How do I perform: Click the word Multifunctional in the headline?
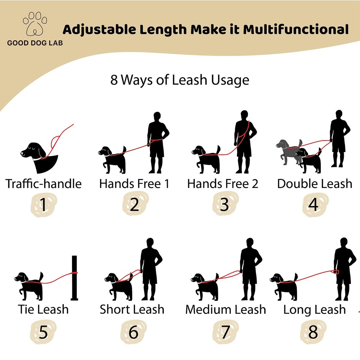296,29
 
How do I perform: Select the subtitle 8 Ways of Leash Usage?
180,80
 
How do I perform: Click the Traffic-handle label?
44,184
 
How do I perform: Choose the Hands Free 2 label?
223,184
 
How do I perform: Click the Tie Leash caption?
44,309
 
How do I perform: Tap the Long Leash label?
314,310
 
